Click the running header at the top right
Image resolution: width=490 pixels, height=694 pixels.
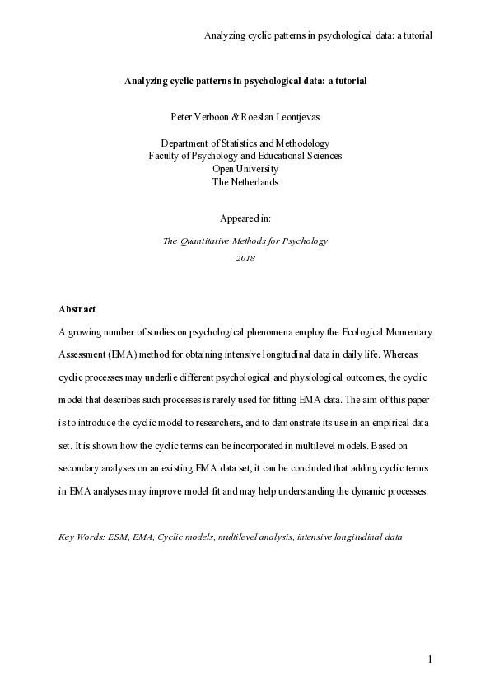click(318, 35)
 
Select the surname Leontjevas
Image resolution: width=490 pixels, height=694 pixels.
click(293, 116)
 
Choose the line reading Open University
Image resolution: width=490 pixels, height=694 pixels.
click(245, 169)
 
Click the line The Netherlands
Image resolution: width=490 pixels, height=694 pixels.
click(245, 182)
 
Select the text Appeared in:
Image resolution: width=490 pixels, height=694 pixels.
click(245, 218)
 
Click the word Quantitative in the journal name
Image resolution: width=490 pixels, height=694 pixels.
click(213, 241)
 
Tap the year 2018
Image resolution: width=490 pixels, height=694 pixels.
click(245, 258)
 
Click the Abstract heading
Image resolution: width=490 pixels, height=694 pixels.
click(77, 309)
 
